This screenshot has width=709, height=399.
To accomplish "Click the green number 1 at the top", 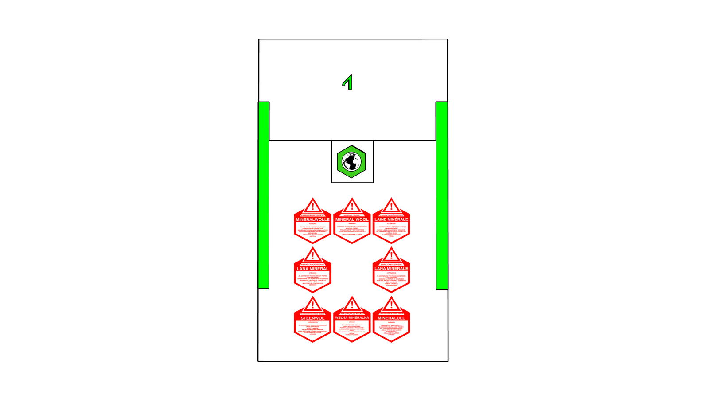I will pyautogui.click(x=349, y=83).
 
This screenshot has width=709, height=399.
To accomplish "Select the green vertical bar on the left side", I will pyautogui.click(x=264, y=195).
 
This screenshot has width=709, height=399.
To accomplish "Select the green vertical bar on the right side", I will pyautogui.click(x=441, y=195).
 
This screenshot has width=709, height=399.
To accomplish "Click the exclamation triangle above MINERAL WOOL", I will pyautogui.click(x=352, y=207).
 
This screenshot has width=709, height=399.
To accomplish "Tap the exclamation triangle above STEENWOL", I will pyautogui.click(x=313, y=305).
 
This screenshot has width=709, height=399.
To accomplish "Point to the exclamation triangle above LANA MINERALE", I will pyautogui.click(x=391, y=256).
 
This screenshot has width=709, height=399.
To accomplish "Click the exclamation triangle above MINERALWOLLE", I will pyautogui.click(x=313, y=207).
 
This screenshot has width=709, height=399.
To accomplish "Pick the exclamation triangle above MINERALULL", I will pyautogui.click(x=391, y=305).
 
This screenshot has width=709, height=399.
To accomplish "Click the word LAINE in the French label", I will pyautogui.click(x=381, y=219).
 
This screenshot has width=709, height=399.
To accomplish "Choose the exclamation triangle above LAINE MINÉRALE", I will pyautogui.click(x=391, y=207).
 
